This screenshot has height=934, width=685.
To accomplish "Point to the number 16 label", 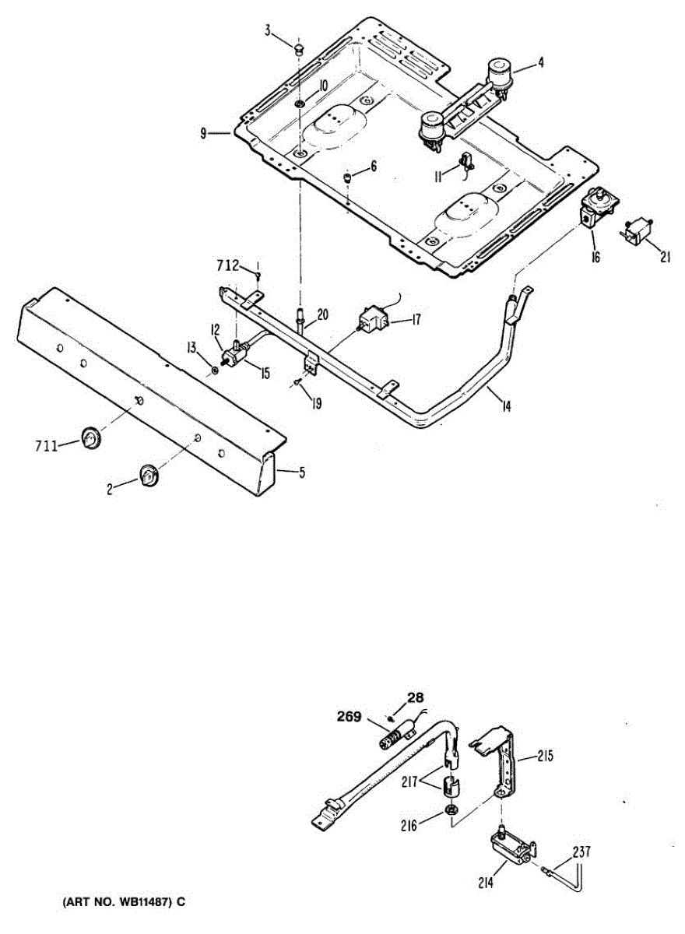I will coord(595,257).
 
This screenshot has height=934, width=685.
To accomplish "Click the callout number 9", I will coord(203,134).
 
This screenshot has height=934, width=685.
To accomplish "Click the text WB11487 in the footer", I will coord(139,902).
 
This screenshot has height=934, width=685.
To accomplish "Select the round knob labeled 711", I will coord(92,438).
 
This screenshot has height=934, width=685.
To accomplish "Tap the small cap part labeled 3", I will coord(298,50).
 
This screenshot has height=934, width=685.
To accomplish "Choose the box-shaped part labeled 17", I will coord(373,319).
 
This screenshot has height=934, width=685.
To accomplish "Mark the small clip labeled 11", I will coord(466,162).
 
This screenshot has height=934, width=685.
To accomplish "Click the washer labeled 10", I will coord(300,104).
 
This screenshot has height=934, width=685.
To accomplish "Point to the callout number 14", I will coord(506,405).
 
